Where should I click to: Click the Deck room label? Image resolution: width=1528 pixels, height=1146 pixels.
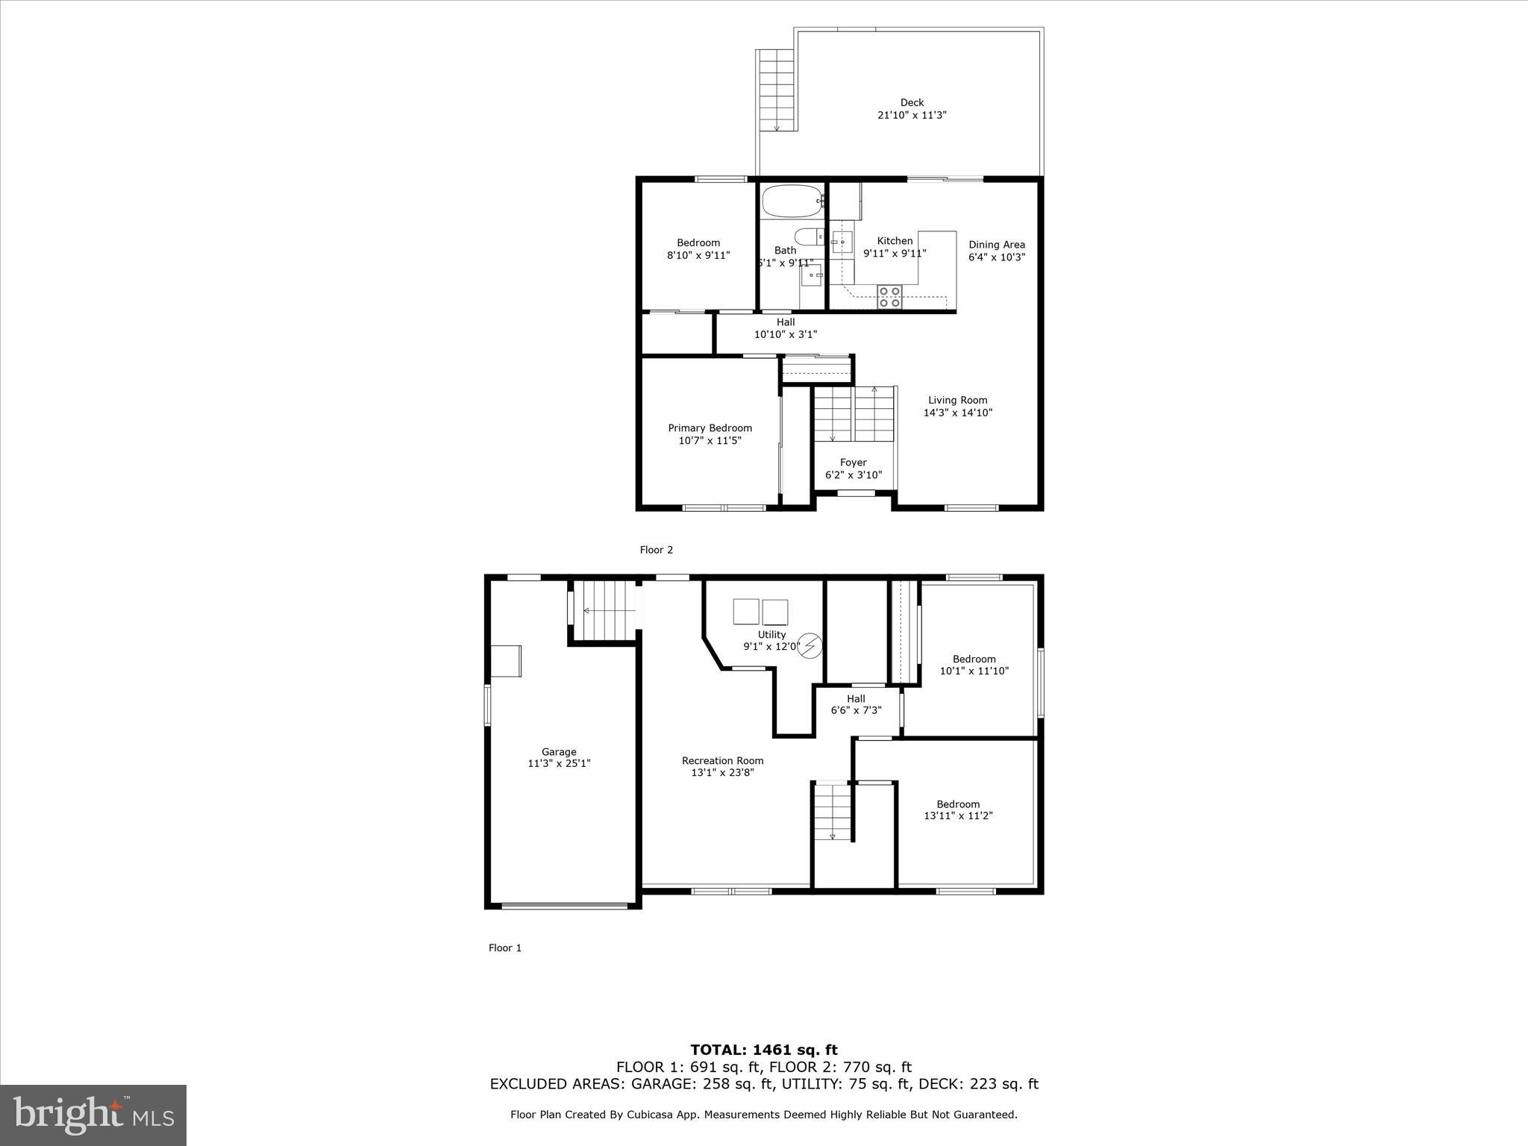click(x=912, y=103)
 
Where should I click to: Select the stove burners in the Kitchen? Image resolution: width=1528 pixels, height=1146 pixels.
click(x=889, y=296)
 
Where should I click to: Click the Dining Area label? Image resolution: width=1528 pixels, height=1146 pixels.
click(x=997, y=245)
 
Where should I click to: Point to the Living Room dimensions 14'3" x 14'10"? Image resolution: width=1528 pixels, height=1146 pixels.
click(x=958, y=413)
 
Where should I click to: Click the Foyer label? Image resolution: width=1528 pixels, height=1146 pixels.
click(x=853, y=463)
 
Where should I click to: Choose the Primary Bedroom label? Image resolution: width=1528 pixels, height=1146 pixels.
click(x=710, y=428)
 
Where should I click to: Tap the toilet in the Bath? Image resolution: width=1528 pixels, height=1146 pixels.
click(x=808, y=237)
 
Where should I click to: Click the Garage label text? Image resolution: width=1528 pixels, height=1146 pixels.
click(x=559, y=752)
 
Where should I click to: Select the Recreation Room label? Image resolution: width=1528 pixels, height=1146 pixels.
click(x=722, y=761)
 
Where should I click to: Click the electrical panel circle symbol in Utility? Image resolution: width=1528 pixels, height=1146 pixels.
click(x=810, y=646)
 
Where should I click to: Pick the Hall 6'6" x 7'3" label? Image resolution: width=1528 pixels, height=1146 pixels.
click(x=856, y=704)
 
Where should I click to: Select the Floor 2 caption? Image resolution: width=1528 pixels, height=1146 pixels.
click(x=656, y=550)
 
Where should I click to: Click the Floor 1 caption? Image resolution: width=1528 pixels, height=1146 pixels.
click(x=505, y=948)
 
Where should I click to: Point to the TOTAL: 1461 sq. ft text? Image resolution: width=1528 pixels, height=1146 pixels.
click(x=763, y=1050)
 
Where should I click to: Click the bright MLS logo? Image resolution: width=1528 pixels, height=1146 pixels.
click(x=93, y=1115)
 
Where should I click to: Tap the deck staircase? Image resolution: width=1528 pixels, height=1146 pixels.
click(x=777, y=90)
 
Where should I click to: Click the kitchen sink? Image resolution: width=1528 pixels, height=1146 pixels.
click(x=842, y=242)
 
